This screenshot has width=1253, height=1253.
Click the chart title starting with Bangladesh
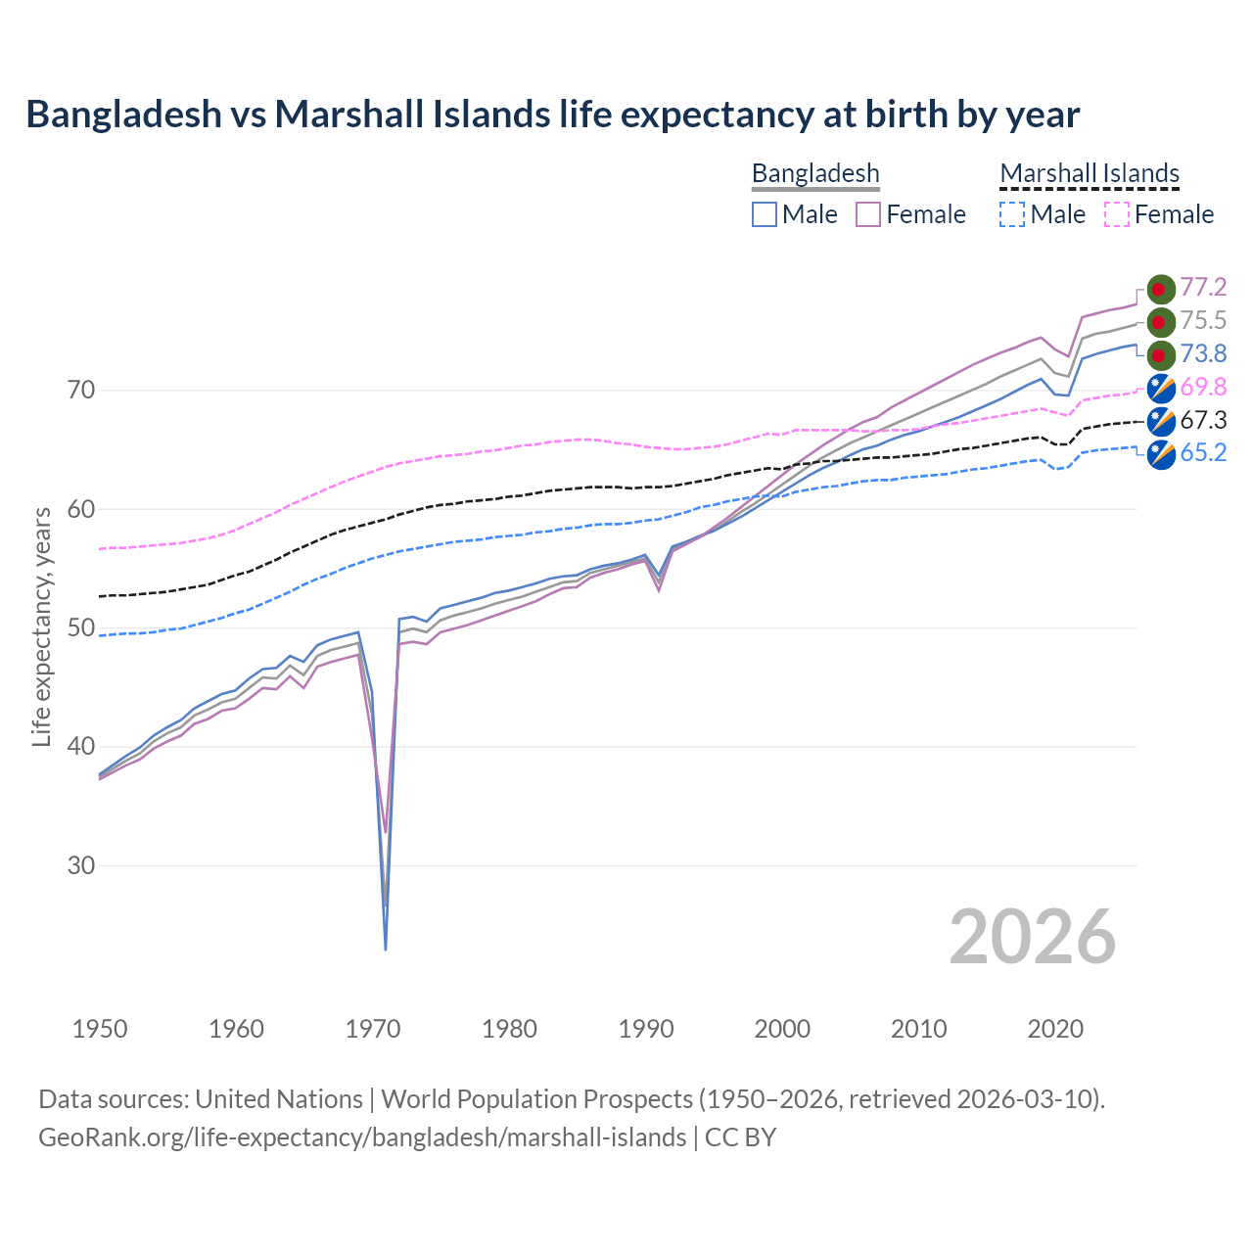tap(552, 115)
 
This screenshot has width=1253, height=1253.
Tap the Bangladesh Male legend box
tap(765, 214)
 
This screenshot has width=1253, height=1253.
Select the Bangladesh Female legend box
tap(868, 214)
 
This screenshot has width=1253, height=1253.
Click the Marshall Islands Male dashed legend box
tap(1012, 214)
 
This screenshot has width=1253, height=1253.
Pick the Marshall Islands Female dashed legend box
tap(1116, 214)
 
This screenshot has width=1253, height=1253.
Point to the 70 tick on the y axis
tap(81, 391)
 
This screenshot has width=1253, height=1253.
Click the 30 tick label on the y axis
tap(81, 866)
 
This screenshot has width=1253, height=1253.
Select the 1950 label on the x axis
tap(100, 1029)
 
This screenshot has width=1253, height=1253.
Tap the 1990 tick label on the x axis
tap(646, 1029)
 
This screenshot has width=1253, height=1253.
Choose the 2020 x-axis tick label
tap(1055, 1029)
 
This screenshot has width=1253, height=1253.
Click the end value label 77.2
tap(1203, 288)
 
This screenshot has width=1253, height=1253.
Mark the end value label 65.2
tap(1203, 453)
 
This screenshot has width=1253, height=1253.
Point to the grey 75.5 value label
tap(1203, 321)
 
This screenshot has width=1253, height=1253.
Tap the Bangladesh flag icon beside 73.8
tap(1160, 354)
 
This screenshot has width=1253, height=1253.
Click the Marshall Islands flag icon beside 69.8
tap(1160, 389)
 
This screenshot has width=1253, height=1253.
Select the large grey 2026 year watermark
tap(1033, 937)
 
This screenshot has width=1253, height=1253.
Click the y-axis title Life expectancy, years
tap(42, 626)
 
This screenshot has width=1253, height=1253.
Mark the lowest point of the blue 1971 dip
tap(386, 949)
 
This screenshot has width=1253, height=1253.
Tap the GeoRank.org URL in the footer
tap(362, 1137)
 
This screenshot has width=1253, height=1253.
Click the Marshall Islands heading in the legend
tap(1090, 174)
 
